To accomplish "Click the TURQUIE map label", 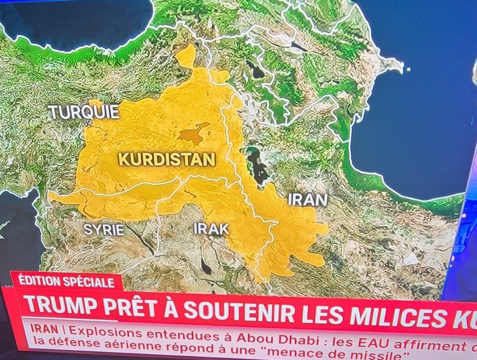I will click(x=84, y=112).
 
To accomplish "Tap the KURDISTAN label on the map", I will click(x=166, y=160).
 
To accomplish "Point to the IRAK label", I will click(x=211, y=229).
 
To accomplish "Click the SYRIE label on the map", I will click(x=103, y=229).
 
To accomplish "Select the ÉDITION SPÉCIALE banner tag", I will click(x=66, y=281).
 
